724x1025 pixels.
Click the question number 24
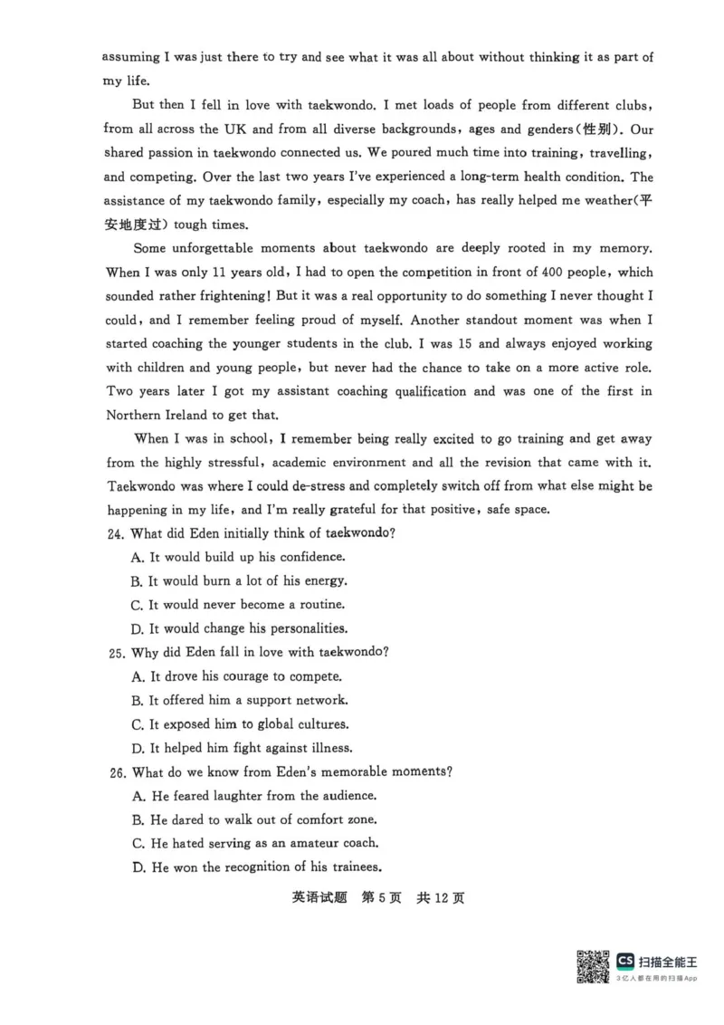(x=116, y=533)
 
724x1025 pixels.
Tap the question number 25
(x=116, y=652)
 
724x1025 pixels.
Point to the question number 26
(x=116, y=771)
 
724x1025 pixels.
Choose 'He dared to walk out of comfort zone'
(x=263, y=819)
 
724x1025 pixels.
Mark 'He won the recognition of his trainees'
(x=265, y=867)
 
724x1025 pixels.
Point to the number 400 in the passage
(x=510, y=272)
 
